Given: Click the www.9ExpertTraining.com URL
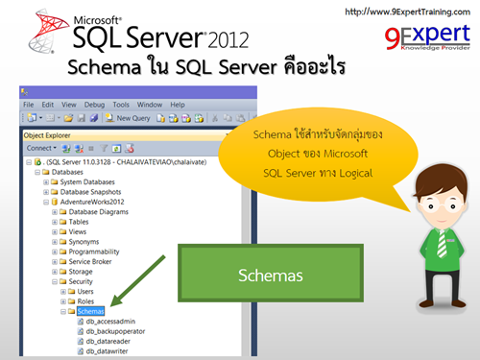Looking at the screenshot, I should tap(406, 12).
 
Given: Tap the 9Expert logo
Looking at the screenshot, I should tap(420, 40).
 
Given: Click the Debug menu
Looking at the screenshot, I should tap(94, 104).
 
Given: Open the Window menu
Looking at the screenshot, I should tap(149, 104).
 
